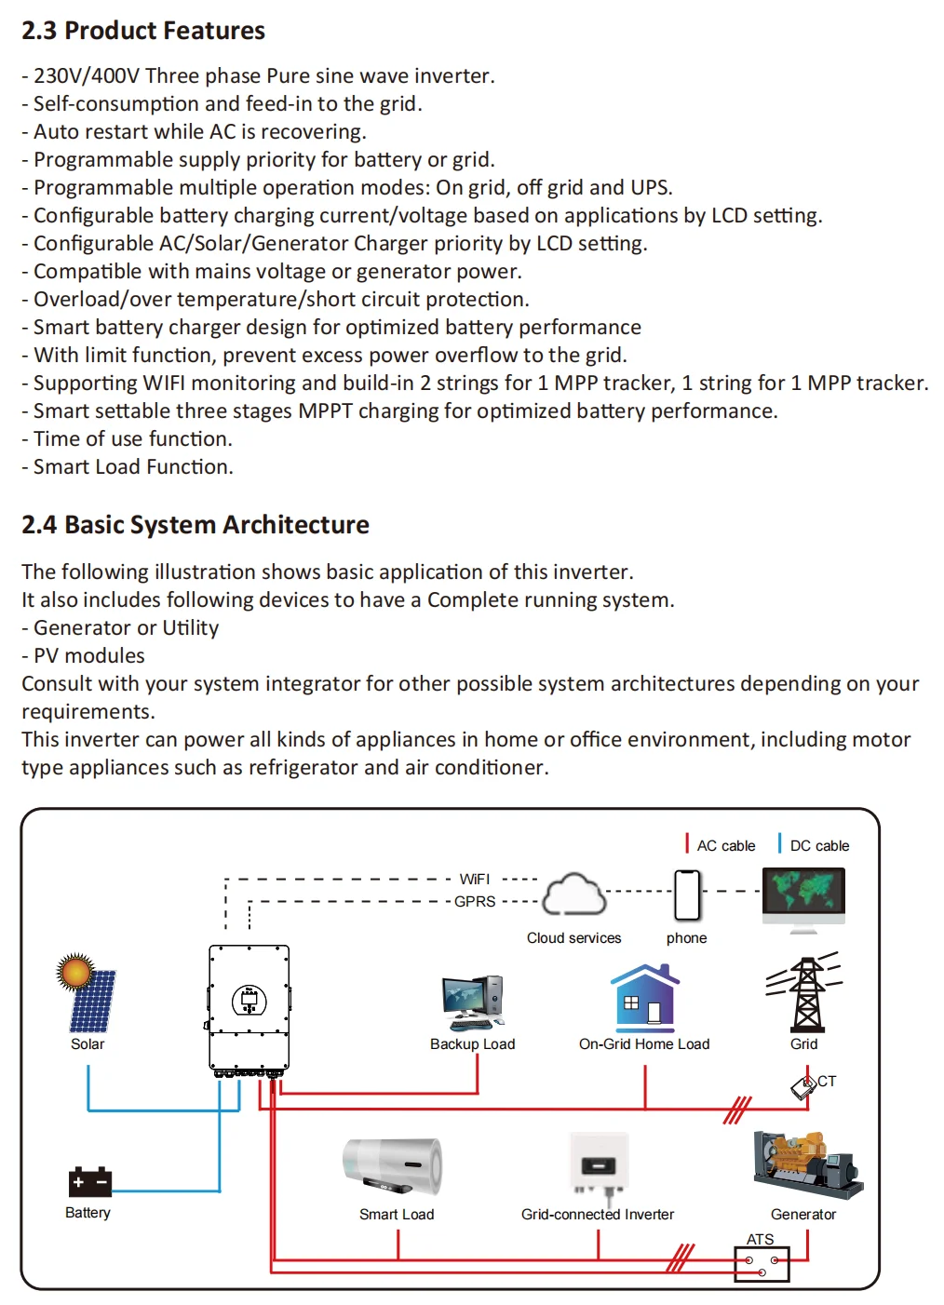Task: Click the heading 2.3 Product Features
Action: (x=143, y=31)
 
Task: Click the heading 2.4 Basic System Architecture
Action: (x=196, y=525)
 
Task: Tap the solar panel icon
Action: (x=87, y=993)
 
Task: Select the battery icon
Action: (x=89, y=1181)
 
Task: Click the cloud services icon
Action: (x=574, y=895)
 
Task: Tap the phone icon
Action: (x=687, y=895)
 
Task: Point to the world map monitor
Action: (x=803, y=896)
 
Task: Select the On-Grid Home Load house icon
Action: (x=644, y=998)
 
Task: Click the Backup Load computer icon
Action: (x=473, y=1002)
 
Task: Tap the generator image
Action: (x=806, y=1164)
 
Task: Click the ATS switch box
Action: (x=762, y=1265)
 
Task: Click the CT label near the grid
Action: (x=827, y=1082)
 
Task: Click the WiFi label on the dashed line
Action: (x=475, y=879)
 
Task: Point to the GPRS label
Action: (x=475, y=901)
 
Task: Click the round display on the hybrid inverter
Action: (x=249, y=1001)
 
